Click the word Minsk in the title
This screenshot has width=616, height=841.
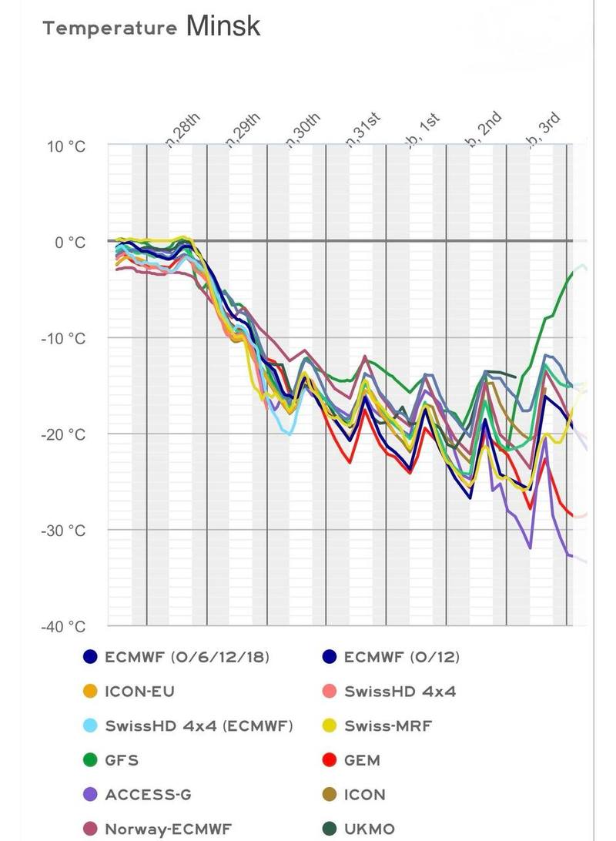pyautogui.click(x=223, y=26)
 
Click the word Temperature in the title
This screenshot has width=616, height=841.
pyautogui.click(x=110, y=29)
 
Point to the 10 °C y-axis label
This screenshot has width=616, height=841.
pyautogui.click(x=66, y=146)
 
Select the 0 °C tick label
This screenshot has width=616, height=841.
pyautogui.click(x=69, y=242)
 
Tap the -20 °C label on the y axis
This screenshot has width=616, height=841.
pyautogui.click(x=64, y=434)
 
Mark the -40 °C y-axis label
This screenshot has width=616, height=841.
pyautogui.click(x=64, y=626)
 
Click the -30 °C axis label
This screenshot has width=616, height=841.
pyautogui.click(x=64, y=531)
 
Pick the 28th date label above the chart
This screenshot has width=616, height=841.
pyautogui.click(x=184, y=129)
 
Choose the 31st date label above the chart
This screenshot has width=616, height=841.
pyautogui.click(x=364, y=129)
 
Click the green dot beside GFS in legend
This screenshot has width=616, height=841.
pyautogui.click(x=90, y=760)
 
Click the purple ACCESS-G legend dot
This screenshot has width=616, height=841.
pyautogui.click(x=90, y=795)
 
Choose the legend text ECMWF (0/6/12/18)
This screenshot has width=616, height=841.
pyautogui.click(x=187, y=657)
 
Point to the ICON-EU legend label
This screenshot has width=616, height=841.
pyautogui.click(x=139, y=691)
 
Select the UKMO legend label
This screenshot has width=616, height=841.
pyautogui.click(x=370, y=829)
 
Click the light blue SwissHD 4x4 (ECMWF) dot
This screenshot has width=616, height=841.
pyautogui.click(x=90, y=725)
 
